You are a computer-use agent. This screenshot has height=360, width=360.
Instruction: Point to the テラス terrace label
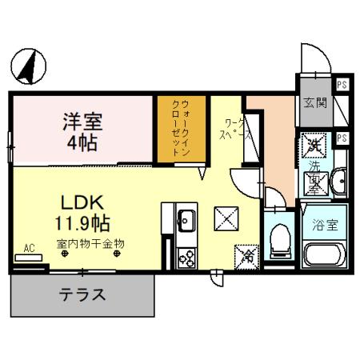pyautogui.click(x=82, y=294)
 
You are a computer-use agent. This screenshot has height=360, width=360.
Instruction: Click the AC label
pyautogui.click(x=29, y=248)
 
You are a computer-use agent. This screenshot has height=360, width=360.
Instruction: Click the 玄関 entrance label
pyautogui.click(x=315, y=102)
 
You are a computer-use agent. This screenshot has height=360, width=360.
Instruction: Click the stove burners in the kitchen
pyautogui.click(x=186, y=258)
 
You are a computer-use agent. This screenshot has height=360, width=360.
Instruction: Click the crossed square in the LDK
pyautogui.click(x=225, y=217)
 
